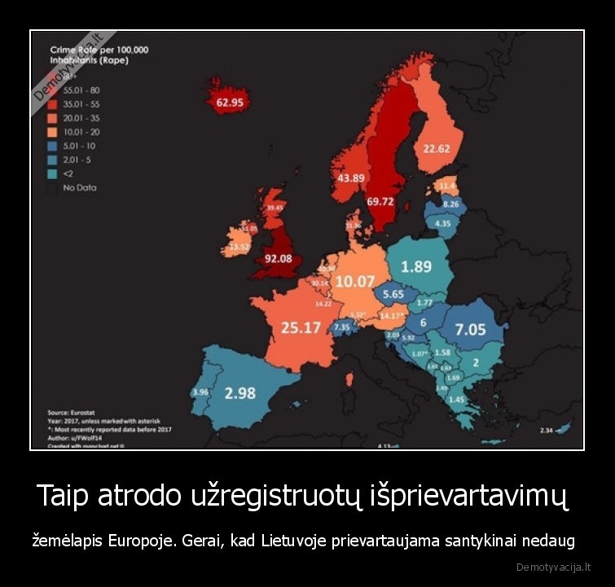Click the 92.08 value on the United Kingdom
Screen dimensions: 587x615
tap(279, 259)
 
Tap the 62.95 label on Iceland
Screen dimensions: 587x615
tap(229, 103)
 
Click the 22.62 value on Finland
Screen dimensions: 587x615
tap(437, 148)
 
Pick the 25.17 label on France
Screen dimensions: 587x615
tap(301, 327)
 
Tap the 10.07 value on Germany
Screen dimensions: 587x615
tap(354, 282)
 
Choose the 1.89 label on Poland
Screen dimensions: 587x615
tap(416, 266)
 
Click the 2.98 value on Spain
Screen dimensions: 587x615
tap(240, 393)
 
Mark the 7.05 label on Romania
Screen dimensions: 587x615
tap(470, 330)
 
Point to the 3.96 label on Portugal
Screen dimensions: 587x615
tap(200, 392)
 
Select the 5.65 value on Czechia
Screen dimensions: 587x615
tap(393, 295)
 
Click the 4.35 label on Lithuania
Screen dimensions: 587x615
tap(443, 223)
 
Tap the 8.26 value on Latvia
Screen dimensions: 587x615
tap(450, 204)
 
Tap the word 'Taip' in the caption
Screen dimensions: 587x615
tap(64, 496)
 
